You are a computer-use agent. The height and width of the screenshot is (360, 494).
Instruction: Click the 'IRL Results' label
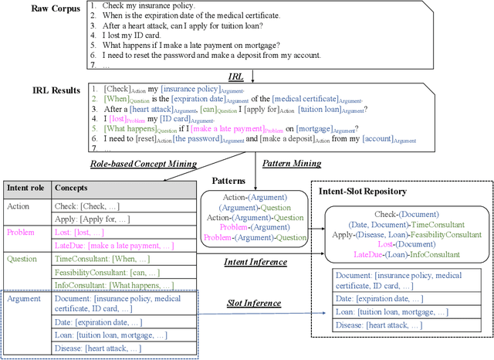click(37, 90)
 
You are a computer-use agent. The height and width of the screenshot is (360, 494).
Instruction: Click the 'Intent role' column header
click(29, 188)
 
